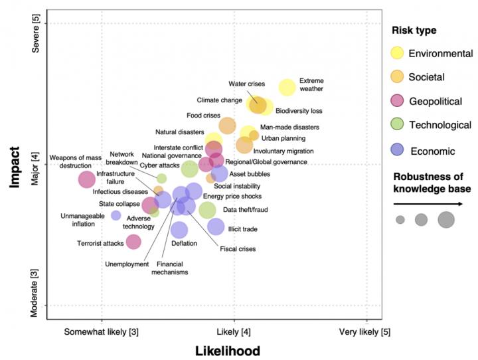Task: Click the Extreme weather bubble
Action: click(x=287, y=87)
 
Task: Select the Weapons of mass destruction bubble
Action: click(x=86, y=179)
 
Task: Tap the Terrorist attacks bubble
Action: click(x=133, y=242)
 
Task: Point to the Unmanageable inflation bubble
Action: click(x=116, y=215)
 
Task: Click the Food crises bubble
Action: click(x=227, y=126)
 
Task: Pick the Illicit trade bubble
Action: click(x=216, y=226)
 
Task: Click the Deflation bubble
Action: click(x=179, y=230)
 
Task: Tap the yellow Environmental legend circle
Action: click(x=397, y=53)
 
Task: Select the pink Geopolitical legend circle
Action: click(x=397, y=101)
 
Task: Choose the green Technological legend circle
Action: click(x=397, y=125)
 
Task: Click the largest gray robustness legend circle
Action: click(x=445, y=219)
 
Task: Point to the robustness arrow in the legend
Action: click(x=432, y=204)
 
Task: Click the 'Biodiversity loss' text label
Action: click(x=299, y=111)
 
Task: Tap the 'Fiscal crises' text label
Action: click(x=237, y=250)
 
